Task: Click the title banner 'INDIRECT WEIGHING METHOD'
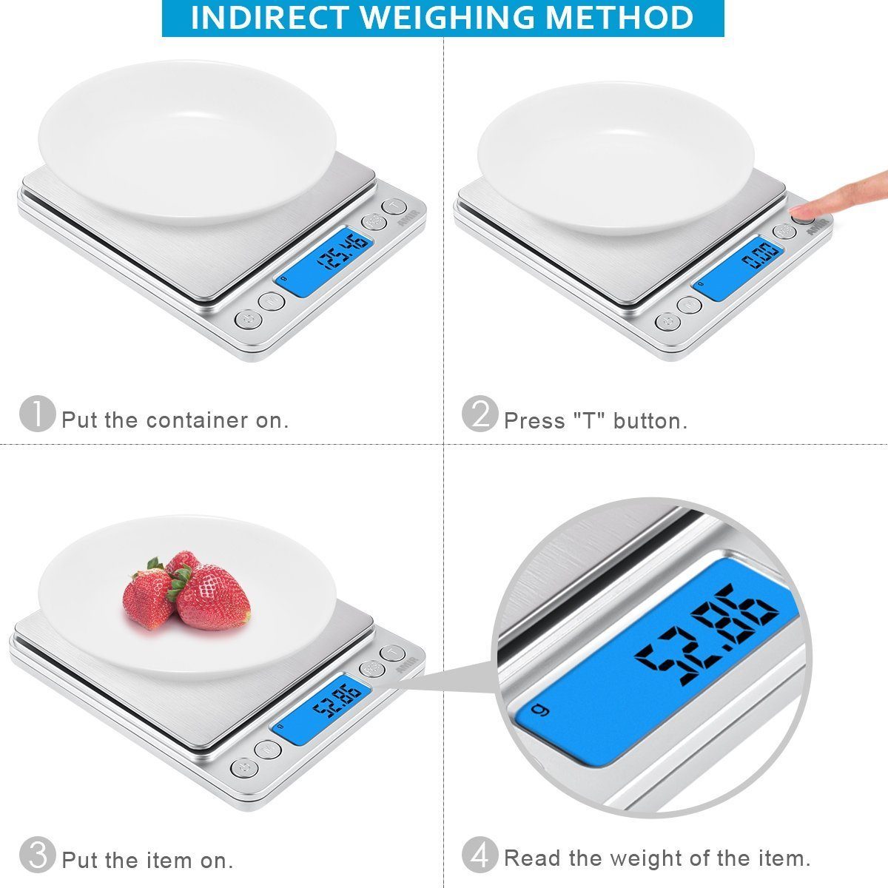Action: click(443, 18)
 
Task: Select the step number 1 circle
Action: click(37, 414)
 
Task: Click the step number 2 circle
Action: click(480, 414)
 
